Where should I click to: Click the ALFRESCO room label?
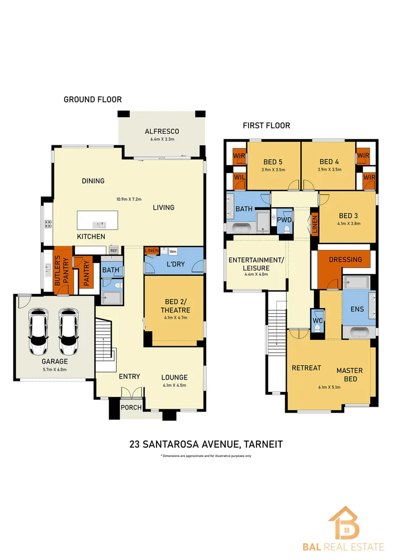(x=162, y=132)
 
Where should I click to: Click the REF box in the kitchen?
(x=113, y=250)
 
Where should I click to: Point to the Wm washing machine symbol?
(x=173, y=251)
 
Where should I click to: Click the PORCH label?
(x=130, y=407)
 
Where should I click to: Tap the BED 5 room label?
(x=273, y=162)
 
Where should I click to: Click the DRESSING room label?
(x=345, y=259)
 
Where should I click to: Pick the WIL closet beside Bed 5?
(x=238, y=178)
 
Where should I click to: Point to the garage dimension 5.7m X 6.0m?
(x=54, y=369)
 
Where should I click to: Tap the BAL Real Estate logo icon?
(x=343, y=521)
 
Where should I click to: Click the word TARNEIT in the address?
(x=260, y=444)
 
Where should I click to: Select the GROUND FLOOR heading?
(x=93, y=99)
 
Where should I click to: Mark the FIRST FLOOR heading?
(x=266, y=126)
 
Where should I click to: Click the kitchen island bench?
(x=98, y=219)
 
